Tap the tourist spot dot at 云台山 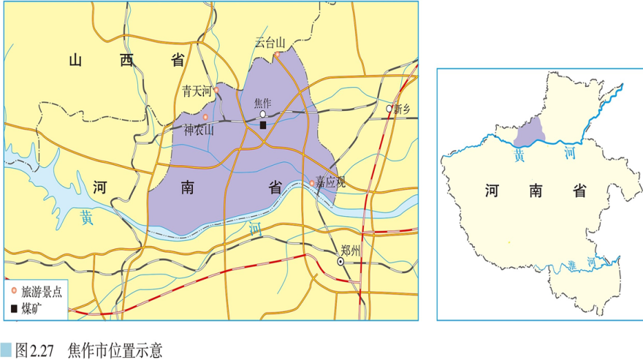point(277,54)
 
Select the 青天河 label point(196,91)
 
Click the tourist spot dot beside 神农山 point(205,117)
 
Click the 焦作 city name point(262,103)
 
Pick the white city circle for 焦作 point(263,114)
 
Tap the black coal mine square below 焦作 point(263,125)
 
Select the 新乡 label point(403,110)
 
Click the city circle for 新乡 point(389,109)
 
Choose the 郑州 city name point(351,250)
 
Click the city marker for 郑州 point(340,261)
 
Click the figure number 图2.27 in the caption point(37,350)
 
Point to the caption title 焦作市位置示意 point(114,350)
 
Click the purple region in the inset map point(530,132)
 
